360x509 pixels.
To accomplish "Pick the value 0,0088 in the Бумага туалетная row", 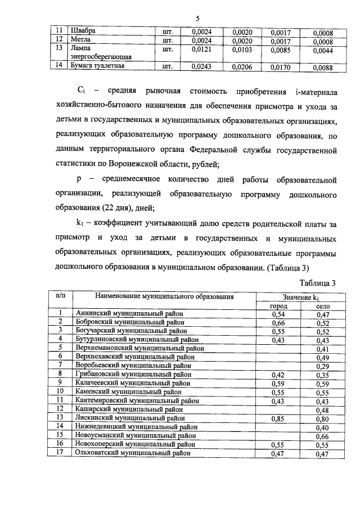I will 323,68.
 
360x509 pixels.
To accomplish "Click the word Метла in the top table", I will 80,40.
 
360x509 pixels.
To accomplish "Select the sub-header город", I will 280,305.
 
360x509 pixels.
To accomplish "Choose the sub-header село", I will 323,305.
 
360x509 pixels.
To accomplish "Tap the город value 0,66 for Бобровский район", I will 280,323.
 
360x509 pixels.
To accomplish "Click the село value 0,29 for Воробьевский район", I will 323,366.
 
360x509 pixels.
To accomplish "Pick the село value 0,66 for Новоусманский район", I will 323,435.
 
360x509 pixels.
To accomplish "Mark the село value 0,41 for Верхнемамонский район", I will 323,349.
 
